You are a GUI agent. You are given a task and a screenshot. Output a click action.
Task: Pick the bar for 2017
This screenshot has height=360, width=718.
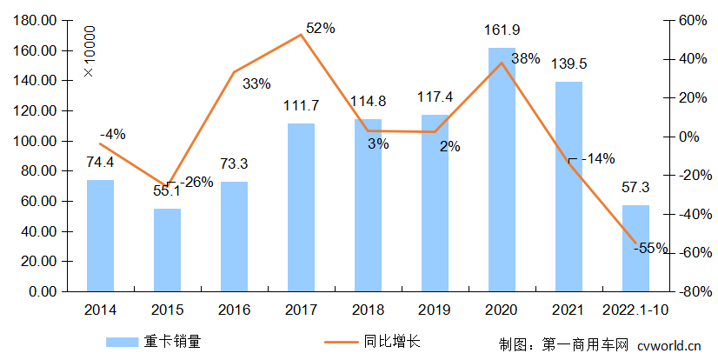pyautogui.click(x=302, y=208)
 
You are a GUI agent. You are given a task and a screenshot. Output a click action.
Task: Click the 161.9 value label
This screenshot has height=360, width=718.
pyautogui.click(x=502, y=31)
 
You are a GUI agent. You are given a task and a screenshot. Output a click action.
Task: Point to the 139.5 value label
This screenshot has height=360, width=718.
pyautogui.click(x=568, y=64)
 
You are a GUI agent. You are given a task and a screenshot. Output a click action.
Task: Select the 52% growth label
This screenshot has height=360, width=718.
pyautogui.click(x=321, y=29)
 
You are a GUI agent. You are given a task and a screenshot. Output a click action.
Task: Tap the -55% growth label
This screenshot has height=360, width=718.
pyautogui.click(x=651, y=248)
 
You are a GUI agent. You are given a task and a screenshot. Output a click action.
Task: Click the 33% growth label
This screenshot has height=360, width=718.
pyautogui.click(x=256, y=84)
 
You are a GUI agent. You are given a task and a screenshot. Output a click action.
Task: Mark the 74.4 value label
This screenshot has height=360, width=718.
pyautogui.click(x=100, y=162)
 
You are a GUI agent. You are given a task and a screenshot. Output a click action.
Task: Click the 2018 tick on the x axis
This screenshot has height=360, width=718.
pyautogui.click(x=369, y=309)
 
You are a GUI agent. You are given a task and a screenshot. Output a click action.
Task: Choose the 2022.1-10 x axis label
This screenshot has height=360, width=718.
pyautogui.click(x=635, y=309)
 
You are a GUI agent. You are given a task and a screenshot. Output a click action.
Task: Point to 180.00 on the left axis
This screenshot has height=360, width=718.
pyautogui.click(x=37, y=20)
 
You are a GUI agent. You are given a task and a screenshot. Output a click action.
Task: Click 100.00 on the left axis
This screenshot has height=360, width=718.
pyautogui.click(x=37, y=141)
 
